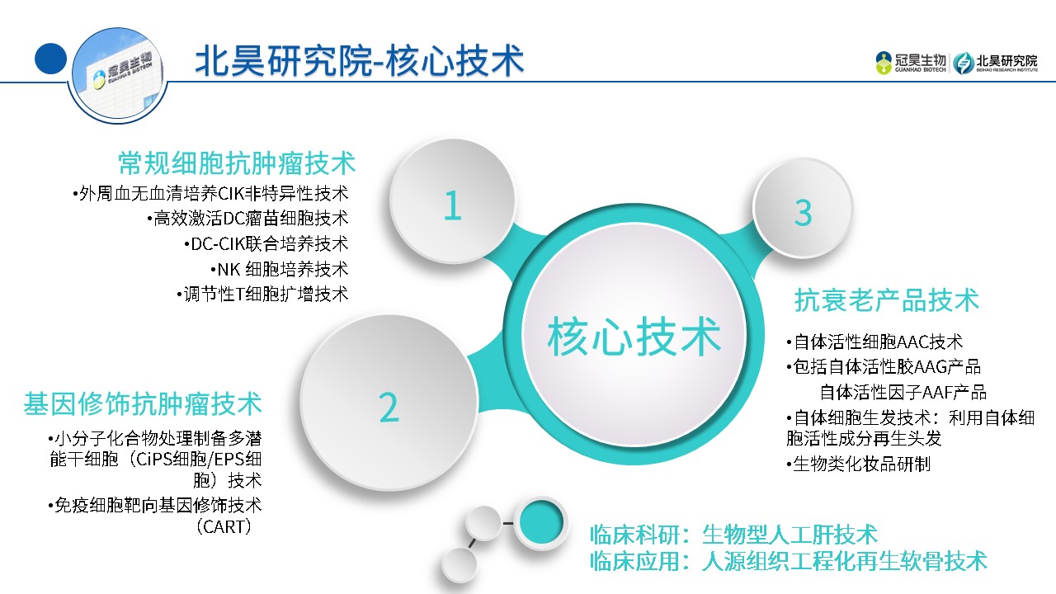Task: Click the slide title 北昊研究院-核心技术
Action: (x=359, y=60)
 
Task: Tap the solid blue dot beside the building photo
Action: (x=50, y=59)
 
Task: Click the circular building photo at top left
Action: (x=118, y=75)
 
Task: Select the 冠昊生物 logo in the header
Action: (x=910, y=64)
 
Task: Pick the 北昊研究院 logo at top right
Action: (x=995, y=64)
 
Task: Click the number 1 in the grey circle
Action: (x=452, y=205)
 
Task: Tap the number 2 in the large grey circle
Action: (x=389, y=408)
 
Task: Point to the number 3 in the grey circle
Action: (x=804, y=213)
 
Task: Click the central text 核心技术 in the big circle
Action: (x=634, y=336)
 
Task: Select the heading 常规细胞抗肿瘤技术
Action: (x=237, y=163)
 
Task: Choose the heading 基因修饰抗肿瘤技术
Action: (x=143, y=403)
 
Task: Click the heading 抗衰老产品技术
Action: (x=887, y=300)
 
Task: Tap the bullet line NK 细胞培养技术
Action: (x=280, y=269)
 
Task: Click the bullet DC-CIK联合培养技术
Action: (x=266, y=243)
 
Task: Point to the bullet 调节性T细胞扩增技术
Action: (x=262, y=295)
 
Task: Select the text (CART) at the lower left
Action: (x=224, y=526)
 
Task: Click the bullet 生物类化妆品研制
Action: (x=859, y=464)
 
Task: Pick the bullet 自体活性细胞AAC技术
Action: (x=874, y=342)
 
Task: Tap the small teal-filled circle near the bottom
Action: (x=540, y=522)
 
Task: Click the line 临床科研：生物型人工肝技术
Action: (x=733, y=534)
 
